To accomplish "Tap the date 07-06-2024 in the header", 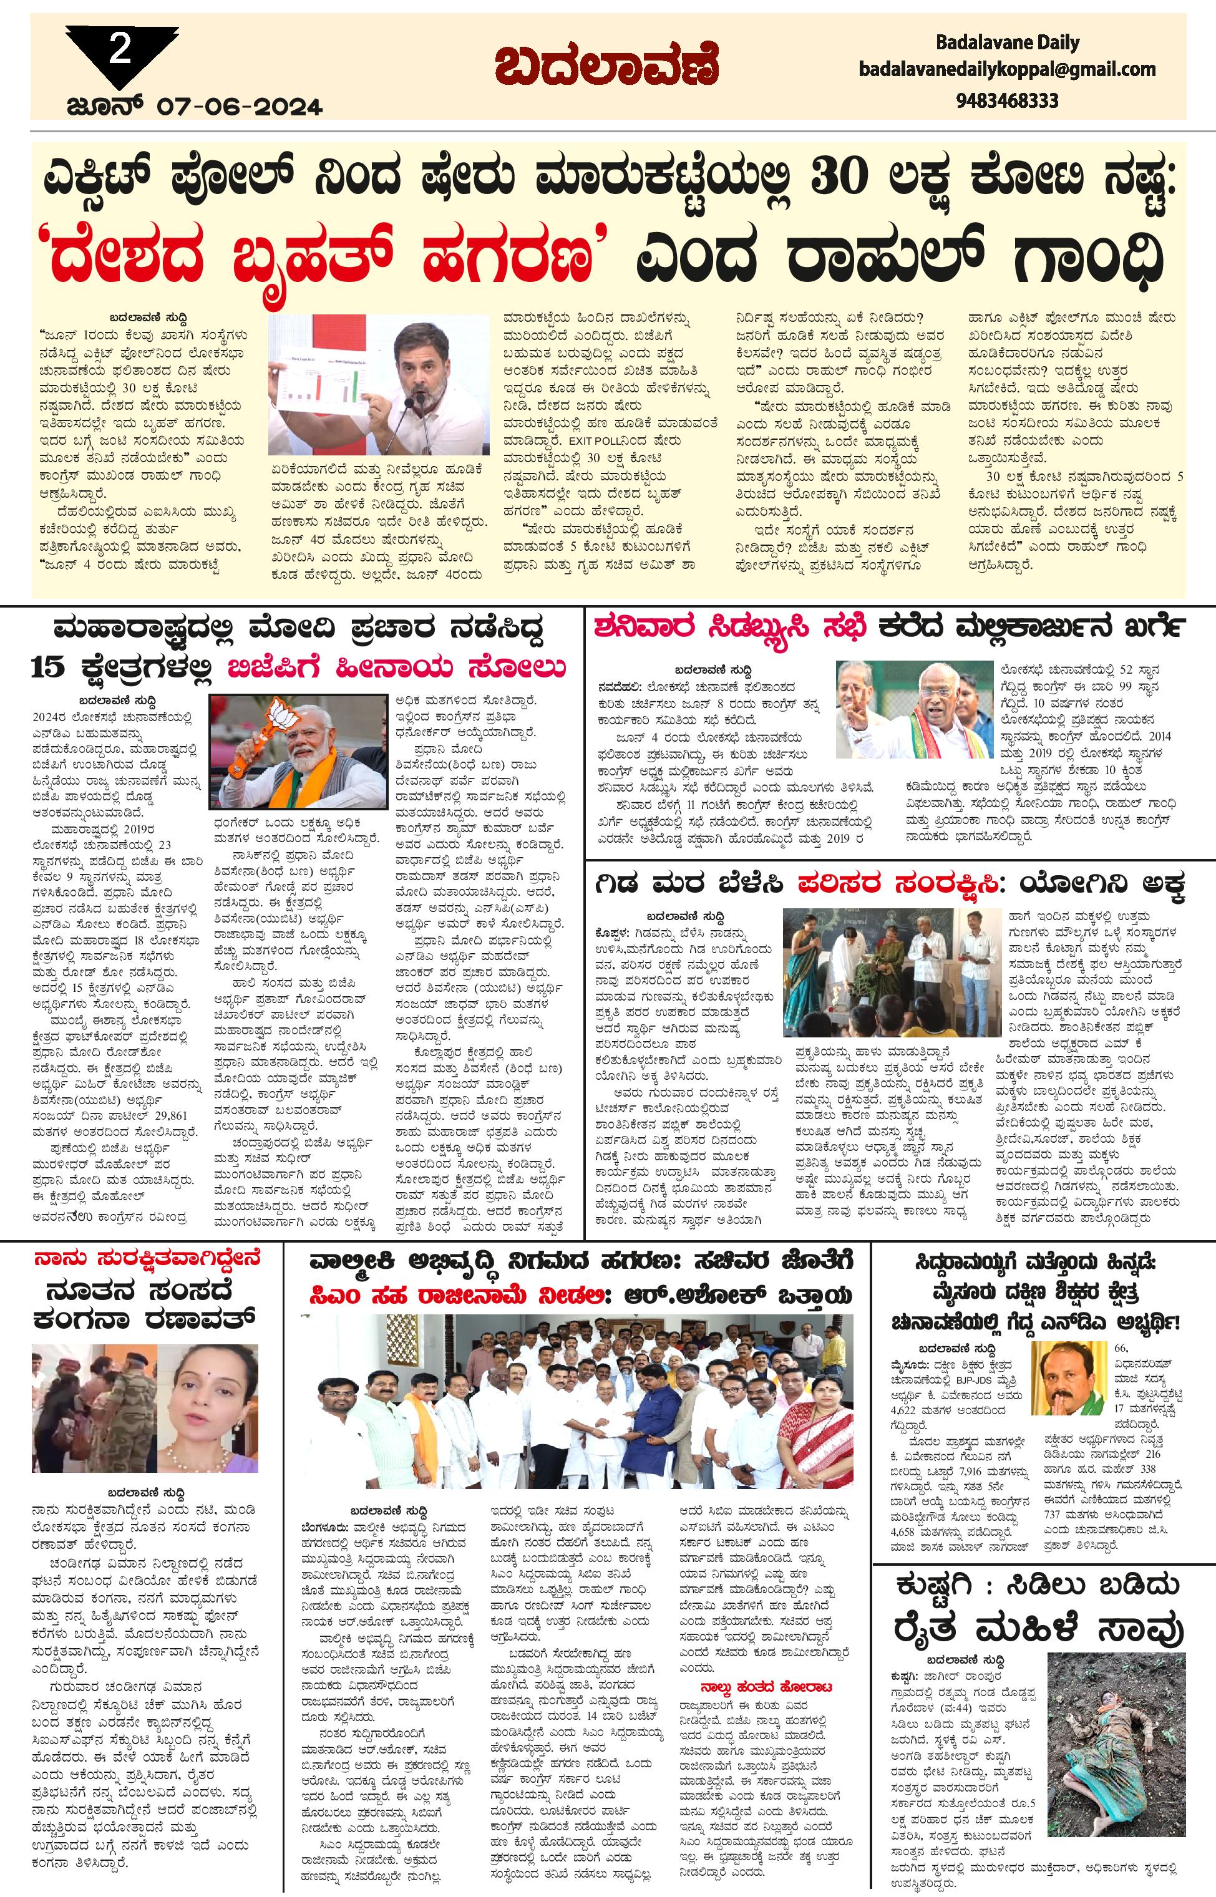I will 239,107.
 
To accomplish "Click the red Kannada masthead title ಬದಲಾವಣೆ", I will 606,68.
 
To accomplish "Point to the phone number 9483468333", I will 1007,101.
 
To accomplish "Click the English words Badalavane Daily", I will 1007,42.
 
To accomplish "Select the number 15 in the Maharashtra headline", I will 51,669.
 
